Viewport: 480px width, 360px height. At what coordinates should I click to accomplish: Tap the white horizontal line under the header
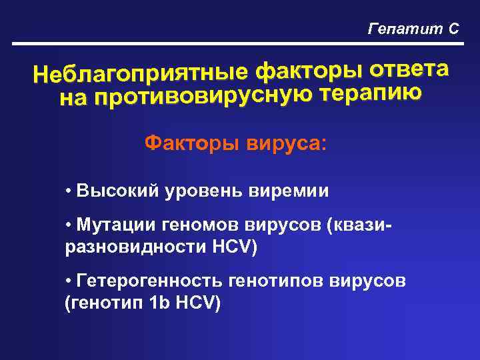coord(240,45)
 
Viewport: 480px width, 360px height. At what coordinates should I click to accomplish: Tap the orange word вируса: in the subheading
coord(285,143)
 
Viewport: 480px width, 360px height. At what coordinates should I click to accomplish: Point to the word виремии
coord(288,191)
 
